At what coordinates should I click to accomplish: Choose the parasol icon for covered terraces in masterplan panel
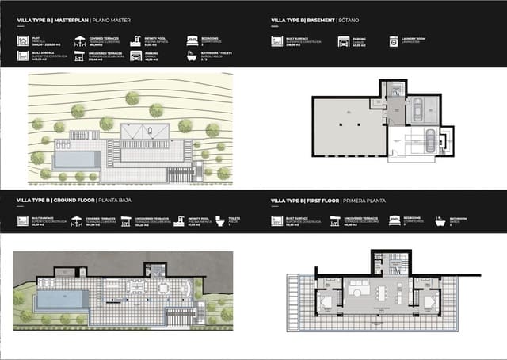coord(78,39)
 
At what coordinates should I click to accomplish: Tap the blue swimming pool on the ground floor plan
coord(66,299)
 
